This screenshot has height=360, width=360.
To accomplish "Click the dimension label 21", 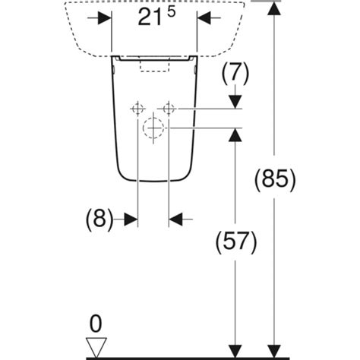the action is tap(149, 18).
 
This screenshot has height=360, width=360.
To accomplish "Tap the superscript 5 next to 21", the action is tap(171, 12).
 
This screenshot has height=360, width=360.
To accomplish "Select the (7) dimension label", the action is tap(235, 73).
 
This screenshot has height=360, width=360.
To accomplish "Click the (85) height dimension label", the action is tap(275, 179).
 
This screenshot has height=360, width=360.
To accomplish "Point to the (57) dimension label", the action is tap(236, 242).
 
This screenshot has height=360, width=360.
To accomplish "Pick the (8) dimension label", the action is tap(99, 219).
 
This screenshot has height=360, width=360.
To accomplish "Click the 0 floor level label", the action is tap(96, 324).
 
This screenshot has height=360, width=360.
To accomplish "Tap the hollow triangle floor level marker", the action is tap(96, 347).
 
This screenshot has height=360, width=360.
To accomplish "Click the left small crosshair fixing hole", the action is tap(137, 109).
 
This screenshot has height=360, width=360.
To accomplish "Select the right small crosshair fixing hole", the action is tap(169, 109).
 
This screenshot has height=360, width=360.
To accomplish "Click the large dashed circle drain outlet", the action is tap(153, 128).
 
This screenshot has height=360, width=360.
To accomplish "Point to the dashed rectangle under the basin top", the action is tap(155, 64).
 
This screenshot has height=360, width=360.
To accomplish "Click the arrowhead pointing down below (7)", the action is tap(235, 102).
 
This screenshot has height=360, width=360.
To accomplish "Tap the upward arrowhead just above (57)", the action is tap(235, 135).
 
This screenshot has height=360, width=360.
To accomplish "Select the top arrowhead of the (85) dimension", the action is tap(274, 8).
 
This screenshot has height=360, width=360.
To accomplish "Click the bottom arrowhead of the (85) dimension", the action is tap(274, 351).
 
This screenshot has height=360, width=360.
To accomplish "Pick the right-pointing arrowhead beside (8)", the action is tap(131, 219).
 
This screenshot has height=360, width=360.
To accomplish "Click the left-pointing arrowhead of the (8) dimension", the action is tap(175, 219).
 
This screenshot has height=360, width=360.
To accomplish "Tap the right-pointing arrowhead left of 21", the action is tap(105, 18).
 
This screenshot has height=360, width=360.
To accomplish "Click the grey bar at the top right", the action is tap(266, 1).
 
